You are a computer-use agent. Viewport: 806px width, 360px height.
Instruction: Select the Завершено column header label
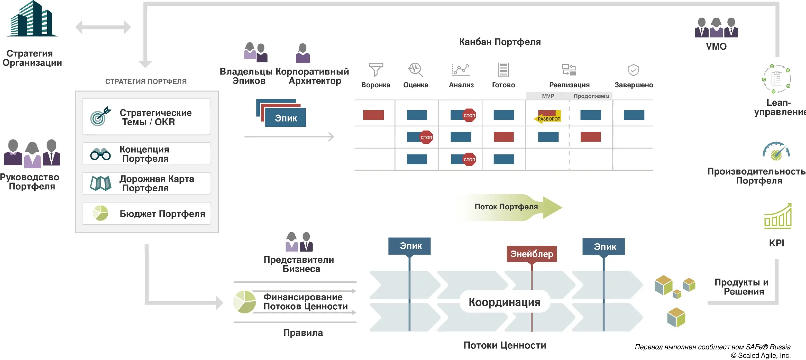pos(633,85)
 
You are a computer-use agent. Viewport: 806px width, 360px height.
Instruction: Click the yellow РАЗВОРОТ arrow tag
pos(548,119)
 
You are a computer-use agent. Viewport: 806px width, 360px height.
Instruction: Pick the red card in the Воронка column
pos(373,115)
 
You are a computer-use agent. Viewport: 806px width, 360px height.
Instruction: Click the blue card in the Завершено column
pos(633,115)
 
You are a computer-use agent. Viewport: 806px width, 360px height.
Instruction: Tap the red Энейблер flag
pos(531,254)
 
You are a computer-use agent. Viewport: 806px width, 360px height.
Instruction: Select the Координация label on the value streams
pos(504,302)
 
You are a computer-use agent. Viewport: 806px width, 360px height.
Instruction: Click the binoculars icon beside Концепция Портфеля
pos(100,154)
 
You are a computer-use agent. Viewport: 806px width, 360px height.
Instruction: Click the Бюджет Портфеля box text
pos(162,214)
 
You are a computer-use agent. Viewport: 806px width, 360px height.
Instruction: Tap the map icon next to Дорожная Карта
pos(100,183)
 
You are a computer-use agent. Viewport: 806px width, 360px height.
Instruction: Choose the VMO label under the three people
pos(716,47)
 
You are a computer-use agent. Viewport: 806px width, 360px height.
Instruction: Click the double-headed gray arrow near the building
pos(103,27)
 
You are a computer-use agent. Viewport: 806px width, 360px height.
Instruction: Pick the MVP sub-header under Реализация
pos(548,96)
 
